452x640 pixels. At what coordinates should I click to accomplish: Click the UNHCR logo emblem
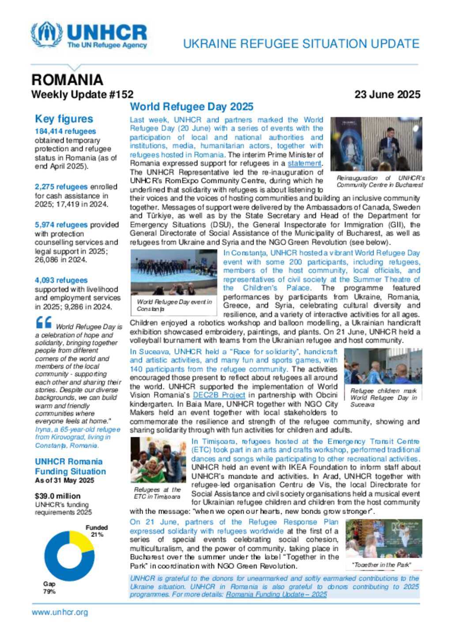pyautogui.click(x=46, y=34)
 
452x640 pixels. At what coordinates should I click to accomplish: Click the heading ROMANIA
pyautogui.click(x=67, y=80)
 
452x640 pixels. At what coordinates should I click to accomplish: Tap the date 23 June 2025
pyautogui.click(x=387, y=95)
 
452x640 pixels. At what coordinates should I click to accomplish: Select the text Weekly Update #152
pyautogui.click(x=82, y=95)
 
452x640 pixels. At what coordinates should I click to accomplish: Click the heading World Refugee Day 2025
pyautogui.click(x=192, y=107)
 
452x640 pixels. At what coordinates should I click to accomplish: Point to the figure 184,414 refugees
pyautogui.click(x=65, y=131)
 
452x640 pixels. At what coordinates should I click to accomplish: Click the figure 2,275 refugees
pyautogui.click(x=61, y=187)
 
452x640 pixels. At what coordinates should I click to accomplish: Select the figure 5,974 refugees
pyautogui.click(x=61, y=225)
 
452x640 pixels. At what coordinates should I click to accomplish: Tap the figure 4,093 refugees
pyautogui.click(x=61, y=280)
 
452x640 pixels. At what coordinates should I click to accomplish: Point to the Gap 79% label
pyautogui.click(x=49, y=587)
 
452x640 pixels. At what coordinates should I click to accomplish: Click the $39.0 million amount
pyautogui.click(x=58, y=496)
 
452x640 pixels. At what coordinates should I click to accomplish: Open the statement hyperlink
pyautogui.click(x=305, y=163)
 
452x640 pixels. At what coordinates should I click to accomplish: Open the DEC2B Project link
pyautogui.click(x=219, y=395)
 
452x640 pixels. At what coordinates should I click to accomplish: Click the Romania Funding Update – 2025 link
pyautogui.click(x=276, y=595)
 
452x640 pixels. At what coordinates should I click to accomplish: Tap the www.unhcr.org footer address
pyautogui.click(x=60, y=612)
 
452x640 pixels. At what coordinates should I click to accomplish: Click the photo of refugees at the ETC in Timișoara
pyautogui.click(x=158, y=460)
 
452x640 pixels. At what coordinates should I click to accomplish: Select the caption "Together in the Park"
pyautogui.click(x=382, y=565)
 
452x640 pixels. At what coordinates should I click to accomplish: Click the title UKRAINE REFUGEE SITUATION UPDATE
pyautogui.click(x=301, y=44)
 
